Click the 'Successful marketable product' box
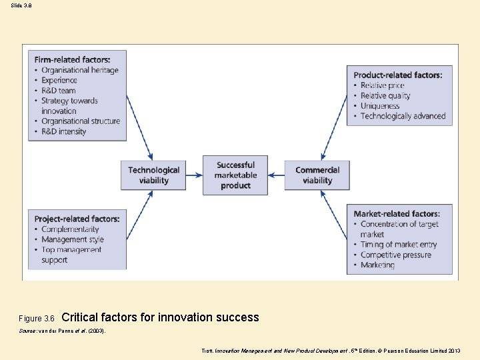[x=235, y=175]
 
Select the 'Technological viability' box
[x=154, y=175]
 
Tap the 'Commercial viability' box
[x=317, y=175]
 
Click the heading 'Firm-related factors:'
[x=72, y=60]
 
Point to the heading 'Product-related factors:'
[x=397, y=75]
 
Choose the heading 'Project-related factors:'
[x=77, y=219]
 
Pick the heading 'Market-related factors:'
[x=397, y=214]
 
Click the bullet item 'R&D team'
[x=59, y=91]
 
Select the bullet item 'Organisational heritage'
[x=80, y=70]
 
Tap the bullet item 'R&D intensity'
[x=64, y=131]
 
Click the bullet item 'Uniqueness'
[x=380, y=106]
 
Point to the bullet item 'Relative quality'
[x=385, y=95]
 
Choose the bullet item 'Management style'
[x=73, y=239]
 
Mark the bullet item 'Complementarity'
[x=70, y=229]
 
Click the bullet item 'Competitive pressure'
[x=396, y=255]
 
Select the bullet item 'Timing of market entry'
[x=399, y=245]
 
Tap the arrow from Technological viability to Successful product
[x=195, y=175]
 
